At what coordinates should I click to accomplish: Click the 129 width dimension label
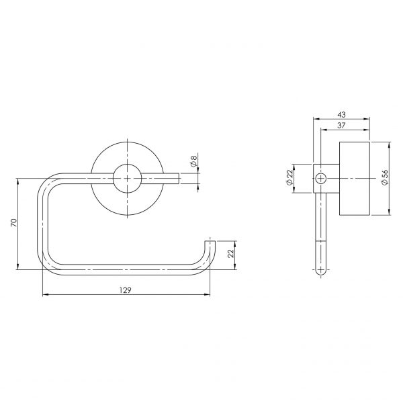[126, 290]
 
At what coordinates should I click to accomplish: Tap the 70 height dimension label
[13, 222]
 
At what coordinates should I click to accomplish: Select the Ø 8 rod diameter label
[194, 160]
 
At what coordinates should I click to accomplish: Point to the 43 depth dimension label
[341, 115]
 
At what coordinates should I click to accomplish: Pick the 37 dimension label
[341, 126]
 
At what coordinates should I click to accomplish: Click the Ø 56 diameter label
[385, 177]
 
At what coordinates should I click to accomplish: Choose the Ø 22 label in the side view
[289, 177]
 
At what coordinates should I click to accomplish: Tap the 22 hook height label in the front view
[231, 253]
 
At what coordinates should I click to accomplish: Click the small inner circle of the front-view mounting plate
[127, 179]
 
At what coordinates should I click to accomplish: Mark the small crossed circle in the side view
[320, 179]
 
